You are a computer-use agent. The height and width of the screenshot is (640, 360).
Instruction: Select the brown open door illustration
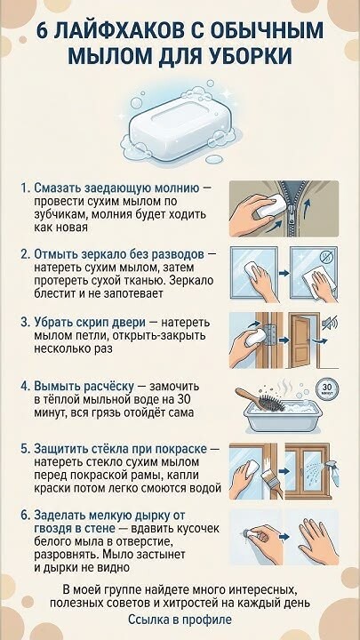303,340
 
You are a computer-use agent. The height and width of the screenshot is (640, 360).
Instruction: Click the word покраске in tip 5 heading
182,449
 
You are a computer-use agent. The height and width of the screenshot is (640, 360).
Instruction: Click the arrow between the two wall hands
284,536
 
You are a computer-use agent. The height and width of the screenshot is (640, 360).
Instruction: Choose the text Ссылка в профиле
180,620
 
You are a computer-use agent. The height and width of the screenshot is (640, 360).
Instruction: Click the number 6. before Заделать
26,515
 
